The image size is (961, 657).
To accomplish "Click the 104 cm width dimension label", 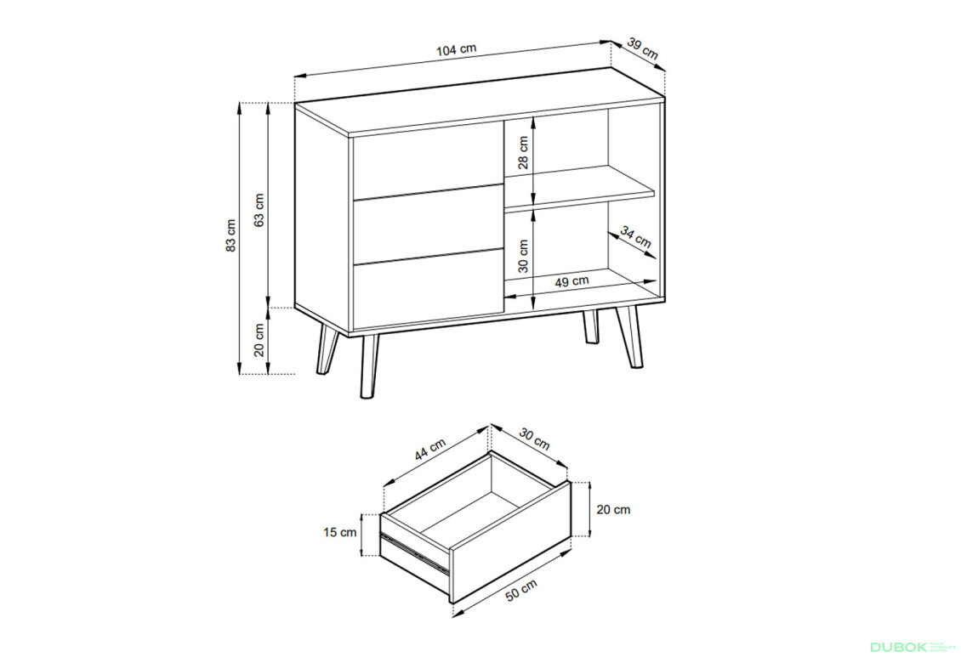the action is click(456, 49).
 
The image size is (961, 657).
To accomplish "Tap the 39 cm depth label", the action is click(643, 49).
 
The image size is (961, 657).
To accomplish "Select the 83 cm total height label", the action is click(230, 235).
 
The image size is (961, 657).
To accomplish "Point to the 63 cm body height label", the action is click(259, 210).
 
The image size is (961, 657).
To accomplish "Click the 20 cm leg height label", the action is click(259, 341).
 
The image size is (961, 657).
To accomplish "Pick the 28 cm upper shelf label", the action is click(523, 152).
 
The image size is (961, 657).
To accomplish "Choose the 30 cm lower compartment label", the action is click(523, 256).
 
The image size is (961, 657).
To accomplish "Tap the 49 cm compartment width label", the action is click(571, 281).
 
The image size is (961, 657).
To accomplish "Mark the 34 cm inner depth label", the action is click(635, 237).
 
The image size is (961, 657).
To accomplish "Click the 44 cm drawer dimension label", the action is click(430, 450).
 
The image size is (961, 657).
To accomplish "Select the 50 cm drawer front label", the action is click(521, 590).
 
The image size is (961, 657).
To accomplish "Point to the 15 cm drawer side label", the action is click(340, 533).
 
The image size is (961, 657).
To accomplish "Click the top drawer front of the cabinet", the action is click(428, 161).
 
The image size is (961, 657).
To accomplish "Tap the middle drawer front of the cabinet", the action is click(428, 224).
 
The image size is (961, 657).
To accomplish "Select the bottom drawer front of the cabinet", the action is click(428, 289).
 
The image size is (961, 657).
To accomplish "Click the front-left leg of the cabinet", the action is click(369, 366).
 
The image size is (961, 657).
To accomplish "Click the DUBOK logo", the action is click(898, 647).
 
